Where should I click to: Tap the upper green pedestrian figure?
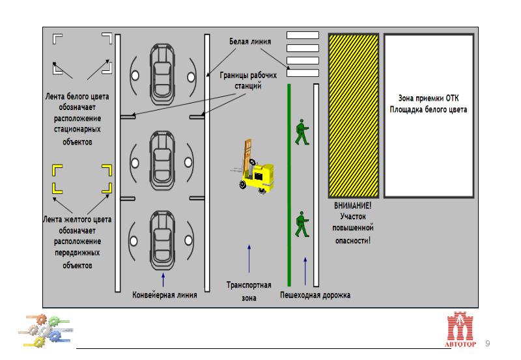click(301, 132)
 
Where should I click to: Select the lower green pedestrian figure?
click(301, 224)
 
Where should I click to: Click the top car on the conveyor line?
click(162, 68)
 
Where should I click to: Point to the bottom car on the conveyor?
click(162, 239)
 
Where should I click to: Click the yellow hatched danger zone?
click(353, 115)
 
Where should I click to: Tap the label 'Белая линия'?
click(251, 42)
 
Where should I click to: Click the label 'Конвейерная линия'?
click(165, 294)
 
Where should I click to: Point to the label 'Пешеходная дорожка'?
click(315, 295)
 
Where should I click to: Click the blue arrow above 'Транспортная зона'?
click(249, 258)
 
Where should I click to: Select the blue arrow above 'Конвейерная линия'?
click(163, 280)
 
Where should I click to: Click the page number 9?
click(488, 343)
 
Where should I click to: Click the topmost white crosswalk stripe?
click(303, 35)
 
